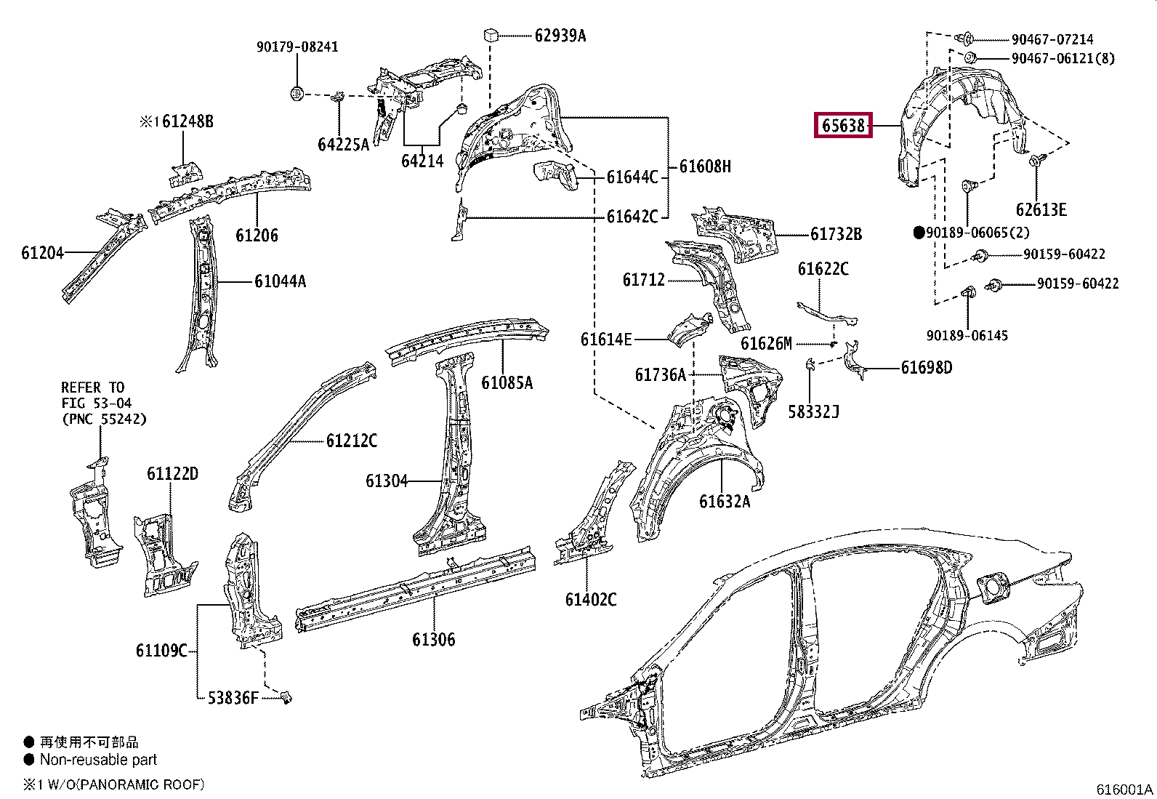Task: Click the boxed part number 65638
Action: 843,126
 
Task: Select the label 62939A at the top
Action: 560,36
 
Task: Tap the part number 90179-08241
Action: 297,47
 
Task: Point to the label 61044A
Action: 280,281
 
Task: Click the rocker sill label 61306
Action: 433,640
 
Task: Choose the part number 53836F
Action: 233,698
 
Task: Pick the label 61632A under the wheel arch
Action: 724,502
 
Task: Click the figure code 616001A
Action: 1124,789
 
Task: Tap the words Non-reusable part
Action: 98,760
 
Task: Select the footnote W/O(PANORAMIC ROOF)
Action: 126,784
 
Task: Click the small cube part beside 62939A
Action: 491,36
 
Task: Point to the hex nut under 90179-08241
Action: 297,94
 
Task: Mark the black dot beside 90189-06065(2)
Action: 919,233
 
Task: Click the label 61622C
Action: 823,269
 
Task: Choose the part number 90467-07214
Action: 1052,39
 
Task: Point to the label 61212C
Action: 351,441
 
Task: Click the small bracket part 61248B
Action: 185,174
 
